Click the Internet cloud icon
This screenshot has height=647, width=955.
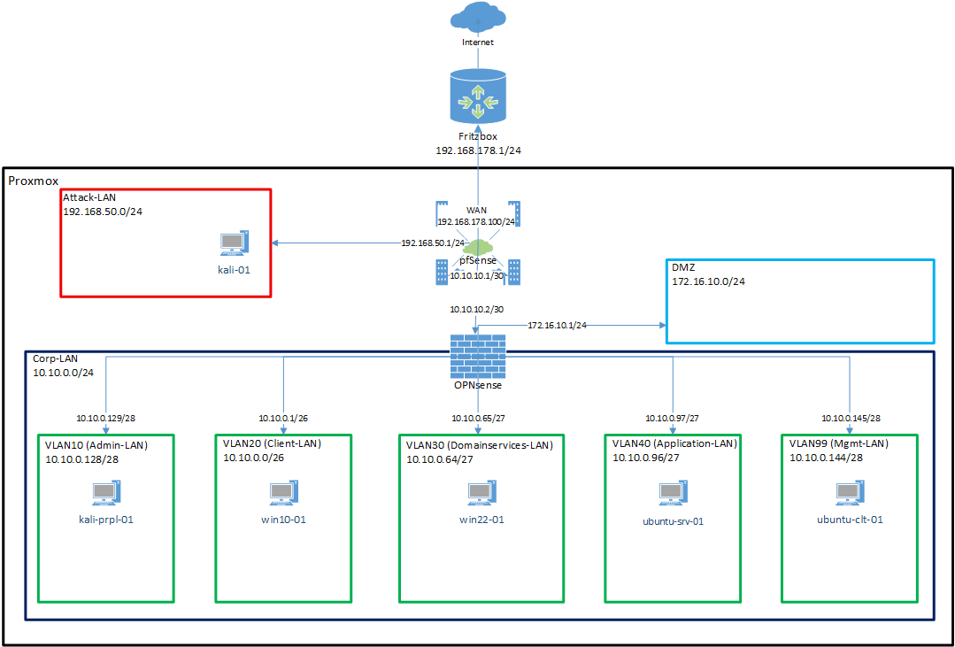[477, 18]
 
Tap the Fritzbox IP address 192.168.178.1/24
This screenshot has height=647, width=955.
[477, 151]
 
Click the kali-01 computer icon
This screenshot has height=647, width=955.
[234, 243]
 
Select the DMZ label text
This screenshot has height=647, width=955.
[684, 266]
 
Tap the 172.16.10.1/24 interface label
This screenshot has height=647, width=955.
[557, 326]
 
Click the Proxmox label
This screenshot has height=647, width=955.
[35, 181]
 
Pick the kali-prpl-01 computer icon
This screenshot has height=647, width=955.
[106, 493]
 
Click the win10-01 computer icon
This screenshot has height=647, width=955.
[283, 493]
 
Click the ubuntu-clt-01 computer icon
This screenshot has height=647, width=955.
[850, 493]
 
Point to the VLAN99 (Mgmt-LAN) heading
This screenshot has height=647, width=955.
[838, 443]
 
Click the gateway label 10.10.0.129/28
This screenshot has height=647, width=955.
[106, 418]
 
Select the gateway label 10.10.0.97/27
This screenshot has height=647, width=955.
[672, 418]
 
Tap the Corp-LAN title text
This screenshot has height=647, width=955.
[55, 359]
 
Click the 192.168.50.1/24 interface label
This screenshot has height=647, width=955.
[432, 243]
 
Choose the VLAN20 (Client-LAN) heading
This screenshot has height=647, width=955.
[272, 443]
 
